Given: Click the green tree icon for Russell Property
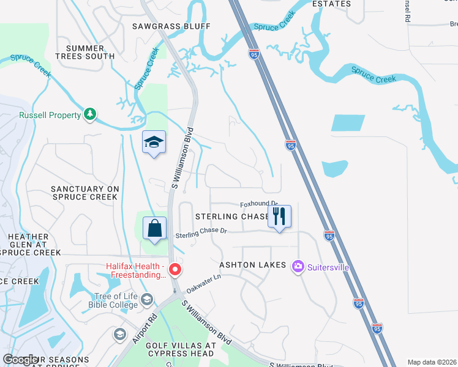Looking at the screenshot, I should click(90, 114).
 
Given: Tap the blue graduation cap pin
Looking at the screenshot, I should click(154, 143).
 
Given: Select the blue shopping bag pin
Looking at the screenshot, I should click(154, 229).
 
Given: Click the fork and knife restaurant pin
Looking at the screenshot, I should click(279, 217).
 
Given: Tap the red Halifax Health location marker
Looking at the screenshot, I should click(175, 269).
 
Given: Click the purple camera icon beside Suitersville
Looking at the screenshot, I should click(298, 265).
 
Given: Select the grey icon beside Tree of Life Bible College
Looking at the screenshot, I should click(146, 299).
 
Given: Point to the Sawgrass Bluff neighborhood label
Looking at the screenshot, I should click(171, 26).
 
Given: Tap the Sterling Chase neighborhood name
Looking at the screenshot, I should click(231, 217).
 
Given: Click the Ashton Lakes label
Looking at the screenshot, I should click(253, 265).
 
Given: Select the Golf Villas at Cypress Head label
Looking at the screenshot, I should click(181, 349).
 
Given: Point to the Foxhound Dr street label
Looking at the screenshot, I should click(259, 204).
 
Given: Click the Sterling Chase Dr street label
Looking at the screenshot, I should click(201, 232).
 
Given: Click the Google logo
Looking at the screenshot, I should click(21, 359).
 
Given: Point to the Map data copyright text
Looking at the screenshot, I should click(432, 362).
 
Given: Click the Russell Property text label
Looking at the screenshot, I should click(50, 115).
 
